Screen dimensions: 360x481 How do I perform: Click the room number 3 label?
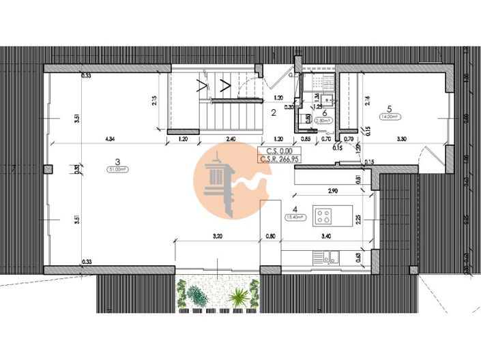pos(118,162)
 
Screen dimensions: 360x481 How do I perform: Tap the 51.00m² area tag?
pos(118,170)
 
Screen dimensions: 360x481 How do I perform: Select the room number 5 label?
pos(389,108)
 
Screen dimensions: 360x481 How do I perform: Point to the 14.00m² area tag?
pos(389,117)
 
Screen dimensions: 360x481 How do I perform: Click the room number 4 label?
pos(295,209)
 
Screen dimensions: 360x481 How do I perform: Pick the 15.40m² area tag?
pos(296,217)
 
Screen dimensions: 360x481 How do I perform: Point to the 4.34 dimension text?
pos(110,140)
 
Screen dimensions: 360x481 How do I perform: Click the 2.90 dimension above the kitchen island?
pos(334,192)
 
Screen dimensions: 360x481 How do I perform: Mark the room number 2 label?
pos(273,112)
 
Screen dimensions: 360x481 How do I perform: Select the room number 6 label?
pos(325,113)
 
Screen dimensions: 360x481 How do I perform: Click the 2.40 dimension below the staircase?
pos(232,140)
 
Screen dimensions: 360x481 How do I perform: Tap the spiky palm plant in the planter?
pos(239,297)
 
